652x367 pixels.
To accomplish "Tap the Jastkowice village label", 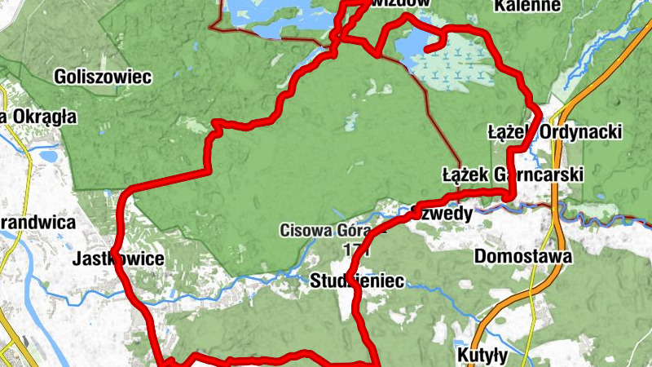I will pyautogui.click(x=119, y=259).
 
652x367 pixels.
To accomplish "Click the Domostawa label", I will pyautogui.click(x=522, y=257).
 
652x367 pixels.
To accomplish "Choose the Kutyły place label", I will pyautogui.click(x=482, y=356).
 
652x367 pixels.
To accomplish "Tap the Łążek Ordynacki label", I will pyautogui.click(x=554, y=131).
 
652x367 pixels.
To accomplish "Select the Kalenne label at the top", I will pyautogui.click(x=527, y=7).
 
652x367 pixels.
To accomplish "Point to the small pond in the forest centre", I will pyautogui.click(x=350, y=123).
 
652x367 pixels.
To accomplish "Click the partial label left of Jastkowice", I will pyautogui.click(x=37, y=222).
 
